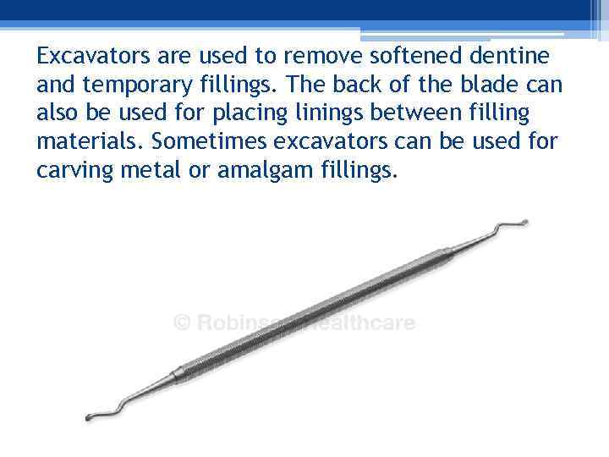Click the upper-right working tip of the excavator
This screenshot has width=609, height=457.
coord(524,223)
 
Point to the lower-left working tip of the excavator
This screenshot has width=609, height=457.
coord(88,417)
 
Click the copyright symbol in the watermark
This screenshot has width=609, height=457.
coord(181,323)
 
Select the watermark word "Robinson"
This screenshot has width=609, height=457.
coord(242,323)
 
